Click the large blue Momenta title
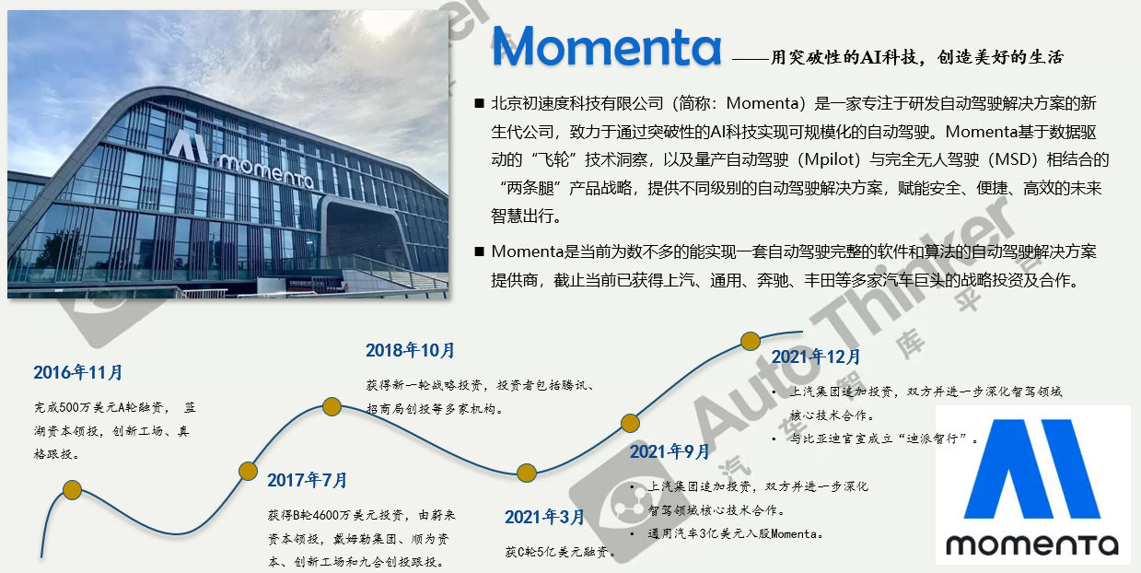[606, 46]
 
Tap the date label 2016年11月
[78, 372]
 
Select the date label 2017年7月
[308, 480]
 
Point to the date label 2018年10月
[410, 350]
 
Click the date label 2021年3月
[544, 517]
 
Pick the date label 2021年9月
[669, 451]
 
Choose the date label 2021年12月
[816, 357]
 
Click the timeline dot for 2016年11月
[73, 490]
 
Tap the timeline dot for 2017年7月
[248, 471]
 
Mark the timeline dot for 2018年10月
[332, 406]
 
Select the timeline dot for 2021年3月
[527, 473]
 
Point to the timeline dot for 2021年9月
[630, 423]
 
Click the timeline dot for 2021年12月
[751, 341]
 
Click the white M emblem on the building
[189, 146]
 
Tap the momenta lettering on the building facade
[265, 171]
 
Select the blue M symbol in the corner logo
[1032, 469]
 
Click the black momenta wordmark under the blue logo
[1032, 545]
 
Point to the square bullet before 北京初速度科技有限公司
[479, 103]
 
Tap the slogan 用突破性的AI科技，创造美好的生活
[917, 57]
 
